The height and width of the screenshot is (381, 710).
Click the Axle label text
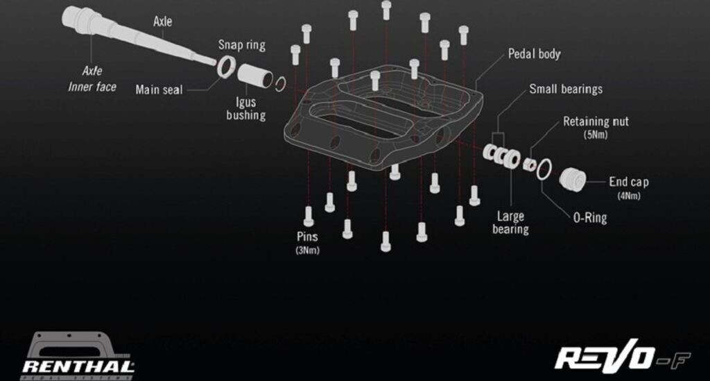coord(162,22)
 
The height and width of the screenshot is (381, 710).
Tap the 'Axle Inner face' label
coord(92,79)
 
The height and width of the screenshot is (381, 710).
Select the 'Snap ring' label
coord(242,45)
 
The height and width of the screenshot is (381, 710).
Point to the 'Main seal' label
coord(159,90)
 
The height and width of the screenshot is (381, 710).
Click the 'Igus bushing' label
coord(246,108)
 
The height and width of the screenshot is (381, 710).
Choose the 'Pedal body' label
coord(535,54)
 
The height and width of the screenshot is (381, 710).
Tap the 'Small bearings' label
coord(566,89)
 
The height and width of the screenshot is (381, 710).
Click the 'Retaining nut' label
coord(596,121)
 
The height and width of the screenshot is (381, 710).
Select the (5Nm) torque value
coord(596,135)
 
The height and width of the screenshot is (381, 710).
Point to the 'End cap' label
coord(628,182)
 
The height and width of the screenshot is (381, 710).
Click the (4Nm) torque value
coord(629,196)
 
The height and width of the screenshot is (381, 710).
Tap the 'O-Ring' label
coord(590,217)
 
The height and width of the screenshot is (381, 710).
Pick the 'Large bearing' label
coord(510,223)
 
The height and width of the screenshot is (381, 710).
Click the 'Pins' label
coord(307,237)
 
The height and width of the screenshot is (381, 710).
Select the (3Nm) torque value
coord(307,250)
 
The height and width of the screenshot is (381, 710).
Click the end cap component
coord(573,179)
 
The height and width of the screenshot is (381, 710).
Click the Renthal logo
coord(78,356)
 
